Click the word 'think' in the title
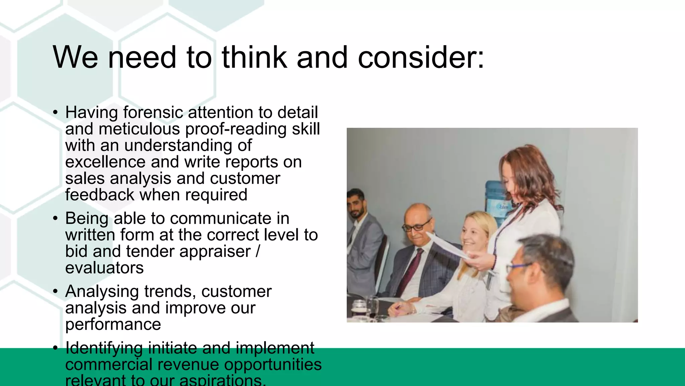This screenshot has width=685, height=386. (255, 57)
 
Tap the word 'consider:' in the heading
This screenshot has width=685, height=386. (421, 57)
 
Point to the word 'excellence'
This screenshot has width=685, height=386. (105, 162)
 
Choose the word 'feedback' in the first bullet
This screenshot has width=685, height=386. (99, 195)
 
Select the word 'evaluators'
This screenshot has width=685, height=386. (104, 268)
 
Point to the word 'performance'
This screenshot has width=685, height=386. (113, 324)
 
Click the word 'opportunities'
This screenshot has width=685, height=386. (273, 364)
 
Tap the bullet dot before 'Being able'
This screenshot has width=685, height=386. (56, 218)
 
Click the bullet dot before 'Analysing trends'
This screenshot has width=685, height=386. (56, 292)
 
